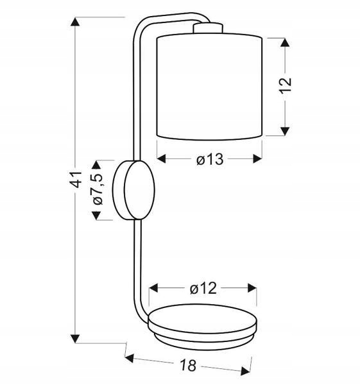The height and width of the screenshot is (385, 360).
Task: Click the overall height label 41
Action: pyautogui.click(x=75, y=180)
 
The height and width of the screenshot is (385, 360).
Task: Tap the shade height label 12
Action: pyautogui.click(x=286, y=86)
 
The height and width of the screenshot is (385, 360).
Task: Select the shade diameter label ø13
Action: pyautogui.click(x=210, y=159)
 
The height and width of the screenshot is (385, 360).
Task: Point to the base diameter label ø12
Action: pyautogui.click(x=203, y=288)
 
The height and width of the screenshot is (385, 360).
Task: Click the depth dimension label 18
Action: pyautogui.click(x=189, y=364)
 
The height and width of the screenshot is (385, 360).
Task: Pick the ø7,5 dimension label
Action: pyautogui.click(x=98, y=189)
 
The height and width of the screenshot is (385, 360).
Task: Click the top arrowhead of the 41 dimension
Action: pyautogui.click(x=75, y=22)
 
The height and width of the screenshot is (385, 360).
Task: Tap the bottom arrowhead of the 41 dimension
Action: pyautogui.click(x=75, y=339)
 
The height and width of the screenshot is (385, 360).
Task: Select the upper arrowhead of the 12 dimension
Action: pyautogui.click(x=285, y=42)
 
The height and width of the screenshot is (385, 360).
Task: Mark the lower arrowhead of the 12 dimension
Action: pyautogui.click(x=285, y=132)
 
